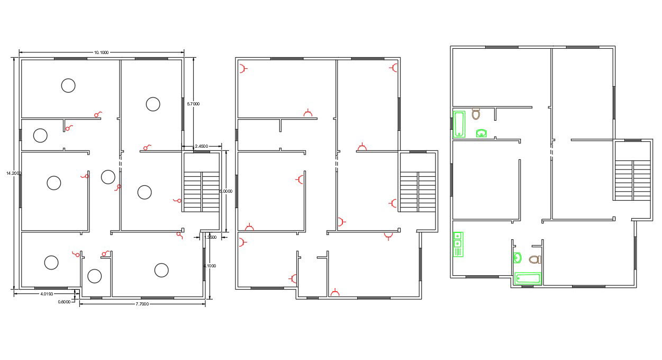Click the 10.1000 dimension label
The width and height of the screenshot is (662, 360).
click(x=101, y=52)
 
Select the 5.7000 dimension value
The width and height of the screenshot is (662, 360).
click(x=193, y=104)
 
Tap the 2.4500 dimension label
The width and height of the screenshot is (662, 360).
click(x=201, y=146)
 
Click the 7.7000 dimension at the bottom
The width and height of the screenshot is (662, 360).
click(x=142, y=304)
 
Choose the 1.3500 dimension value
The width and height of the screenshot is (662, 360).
click(x=210, y=237)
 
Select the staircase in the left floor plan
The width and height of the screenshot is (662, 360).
click(x=202, y=191)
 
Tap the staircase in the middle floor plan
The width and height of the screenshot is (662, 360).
click(x=418, y=191)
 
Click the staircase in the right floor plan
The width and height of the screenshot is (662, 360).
click(x=633, y=179)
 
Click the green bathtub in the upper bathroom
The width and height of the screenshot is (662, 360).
click(x=459, y=124)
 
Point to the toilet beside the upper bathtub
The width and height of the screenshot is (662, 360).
click(x=476, y=113)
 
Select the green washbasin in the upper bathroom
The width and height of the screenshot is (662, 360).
click(x=481, y=133)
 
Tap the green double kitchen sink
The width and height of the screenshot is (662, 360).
click(x=458, y=244)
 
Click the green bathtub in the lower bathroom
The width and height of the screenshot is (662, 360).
click(x=528, y=278)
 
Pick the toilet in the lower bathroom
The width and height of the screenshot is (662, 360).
click(x=534, y=259)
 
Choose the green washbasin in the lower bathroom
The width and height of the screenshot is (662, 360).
click(x=518, y=258)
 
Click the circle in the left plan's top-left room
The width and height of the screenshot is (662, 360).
click(x=68, y=85)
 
